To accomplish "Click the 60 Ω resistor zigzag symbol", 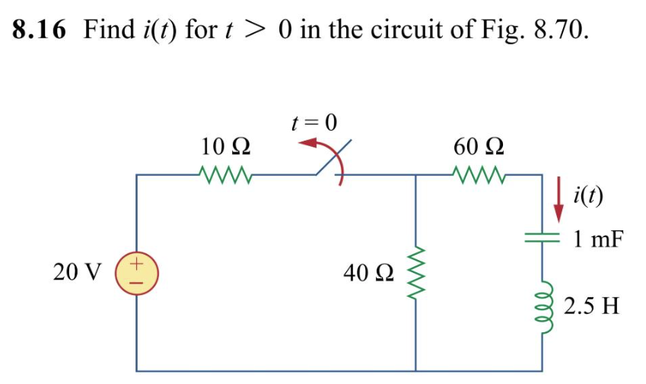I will (478, 175).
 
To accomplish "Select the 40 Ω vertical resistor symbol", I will (415, 272).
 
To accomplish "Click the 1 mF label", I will (597, 240).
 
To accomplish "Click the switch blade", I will (333, 159).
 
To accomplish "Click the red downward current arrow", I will (558, 198).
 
